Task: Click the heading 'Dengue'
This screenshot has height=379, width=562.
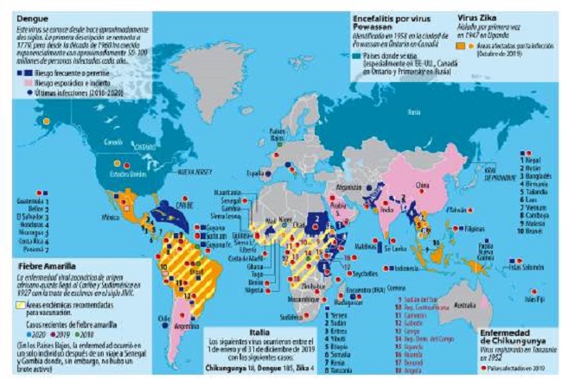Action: [x=28, y=16]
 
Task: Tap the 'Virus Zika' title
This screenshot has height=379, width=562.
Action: [x=479, y=16]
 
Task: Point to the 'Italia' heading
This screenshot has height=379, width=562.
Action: [x=269, y=331]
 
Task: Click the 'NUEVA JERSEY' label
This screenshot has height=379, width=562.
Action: [x=194, y=172]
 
